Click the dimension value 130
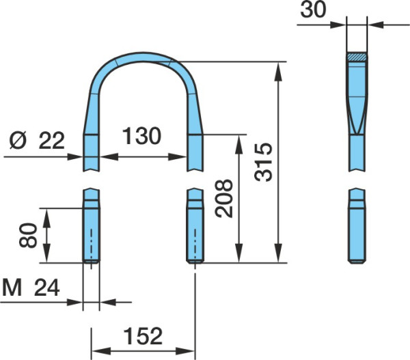141,136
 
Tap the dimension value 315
264,162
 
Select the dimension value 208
224,198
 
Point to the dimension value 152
143,336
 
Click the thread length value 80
28,235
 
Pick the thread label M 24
31,288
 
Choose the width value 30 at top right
313,10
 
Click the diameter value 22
51,141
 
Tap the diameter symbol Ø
18,141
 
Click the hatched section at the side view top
357,57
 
